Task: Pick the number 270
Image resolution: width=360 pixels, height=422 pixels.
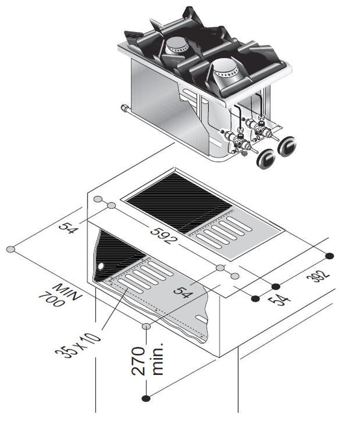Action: (139, 361)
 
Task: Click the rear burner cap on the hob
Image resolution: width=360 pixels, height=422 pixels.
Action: (179, 43)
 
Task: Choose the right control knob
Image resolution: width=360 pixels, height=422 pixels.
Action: (288, 145)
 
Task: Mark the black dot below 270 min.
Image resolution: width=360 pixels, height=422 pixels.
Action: (145, 397)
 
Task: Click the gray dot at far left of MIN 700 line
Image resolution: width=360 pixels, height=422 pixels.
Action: (10, 249)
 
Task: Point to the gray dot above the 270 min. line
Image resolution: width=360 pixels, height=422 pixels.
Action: (146, 326)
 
